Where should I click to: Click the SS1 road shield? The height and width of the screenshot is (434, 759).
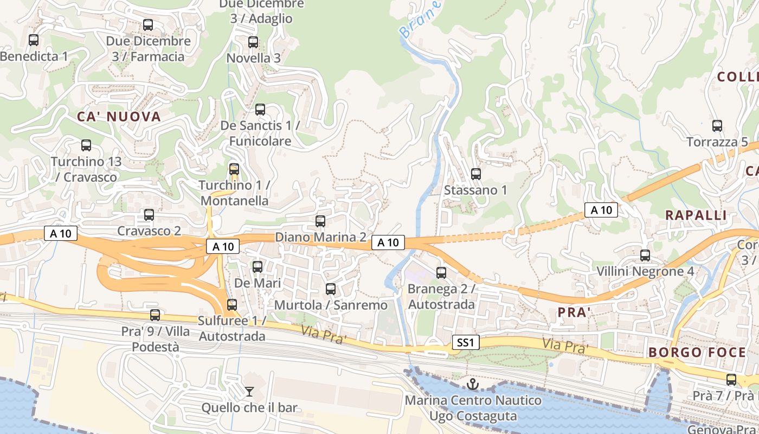(466, 342)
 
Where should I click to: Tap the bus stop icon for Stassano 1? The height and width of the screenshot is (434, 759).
(476, 174)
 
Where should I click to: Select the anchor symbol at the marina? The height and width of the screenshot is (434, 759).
(473, 385)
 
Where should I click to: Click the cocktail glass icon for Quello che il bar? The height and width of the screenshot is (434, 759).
(249, 391)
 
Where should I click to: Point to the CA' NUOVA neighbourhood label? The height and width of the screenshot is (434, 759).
(119, 117)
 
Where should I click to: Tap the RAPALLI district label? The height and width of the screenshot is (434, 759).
(696, 215)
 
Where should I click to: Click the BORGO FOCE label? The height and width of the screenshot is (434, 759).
(697, 353)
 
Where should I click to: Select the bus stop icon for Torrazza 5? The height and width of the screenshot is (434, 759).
(717, 126)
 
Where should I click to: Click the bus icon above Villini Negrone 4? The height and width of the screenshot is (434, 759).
(645, 255)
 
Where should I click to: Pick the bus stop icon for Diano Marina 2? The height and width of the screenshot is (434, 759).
(320, 221)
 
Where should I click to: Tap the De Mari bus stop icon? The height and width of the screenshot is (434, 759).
(258, 267)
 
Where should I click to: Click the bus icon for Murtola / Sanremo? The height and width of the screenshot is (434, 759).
(331, 289)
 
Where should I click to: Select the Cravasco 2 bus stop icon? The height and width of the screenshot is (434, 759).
(149, 215)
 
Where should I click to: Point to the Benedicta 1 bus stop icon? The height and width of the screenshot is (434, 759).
(34, 40)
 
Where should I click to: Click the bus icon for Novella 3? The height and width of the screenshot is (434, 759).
(253, 42)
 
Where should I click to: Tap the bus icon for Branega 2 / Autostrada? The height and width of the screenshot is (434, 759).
(441, 273)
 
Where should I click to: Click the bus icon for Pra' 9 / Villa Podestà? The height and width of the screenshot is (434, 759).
(155, 315)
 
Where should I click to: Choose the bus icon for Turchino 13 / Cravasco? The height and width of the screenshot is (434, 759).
(86, 145)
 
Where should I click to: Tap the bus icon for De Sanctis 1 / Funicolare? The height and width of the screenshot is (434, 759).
(260, 110)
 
